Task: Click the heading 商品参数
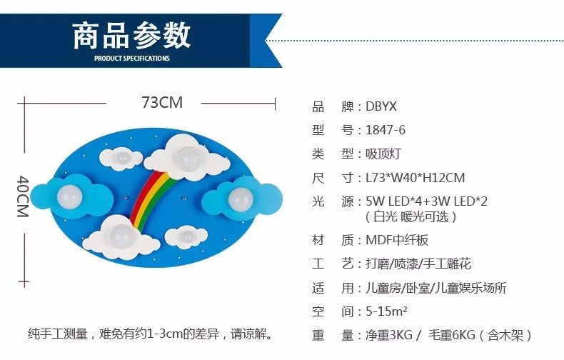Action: [131, 35]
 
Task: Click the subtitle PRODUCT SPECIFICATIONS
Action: [131, 59]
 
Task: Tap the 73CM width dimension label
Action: [162, 103]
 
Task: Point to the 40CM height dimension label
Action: [23, 196]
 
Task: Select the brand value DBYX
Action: [381, 106]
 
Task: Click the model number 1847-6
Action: [386, 130]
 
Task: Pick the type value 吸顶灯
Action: [383, 154]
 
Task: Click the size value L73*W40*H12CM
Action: [416, 178]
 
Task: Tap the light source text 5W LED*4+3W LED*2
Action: [427, 201]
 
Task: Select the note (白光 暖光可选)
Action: [411, 216]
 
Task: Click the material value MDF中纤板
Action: [397, 240]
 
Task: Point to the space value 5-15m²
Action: [387, 311]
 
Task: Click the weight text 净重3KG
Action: [389, 335]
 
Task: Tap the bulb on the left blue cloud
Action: [70, 196]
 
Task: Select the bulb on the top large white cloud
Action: [189, 159]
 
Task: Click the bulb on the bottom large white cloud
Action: [121, 236]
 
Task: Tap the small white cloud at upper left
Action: [121, 159]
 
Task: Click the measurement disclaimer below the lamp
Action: [150, 334]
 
